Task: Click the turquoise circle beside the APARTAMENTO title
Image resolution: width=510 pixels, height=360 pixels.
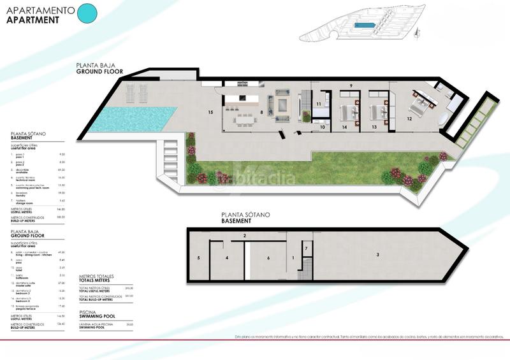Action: (x=86, y=13)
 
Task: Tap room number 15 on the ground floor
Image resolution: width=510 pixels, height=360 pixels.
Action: (x=210, y=112)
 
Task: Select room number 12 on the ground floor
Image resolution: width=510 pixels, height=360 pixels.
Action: (x=409, y=119)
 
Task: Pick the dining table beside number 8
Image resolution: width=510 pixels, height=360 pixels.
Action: (x=244, y=119)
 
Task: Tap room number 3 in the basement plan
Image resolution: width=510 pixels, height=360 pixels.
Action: (x=378, y=255)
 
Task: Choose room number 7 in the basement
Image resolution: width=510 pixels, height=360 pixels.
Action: (x=306, y=248)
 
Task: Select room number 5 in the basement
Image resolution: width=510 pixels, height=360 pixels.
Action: (x=199, y=258)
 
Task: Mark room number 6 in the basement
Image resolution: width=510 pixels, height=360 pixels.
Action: (x=268, y=258)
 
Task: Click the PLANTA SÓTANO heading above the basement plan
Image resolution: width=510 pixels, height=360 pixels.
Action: (x=240, y=215)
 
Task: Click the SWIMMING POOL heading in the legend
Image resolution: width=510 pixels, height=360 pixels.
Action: (x=97, y=315)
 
